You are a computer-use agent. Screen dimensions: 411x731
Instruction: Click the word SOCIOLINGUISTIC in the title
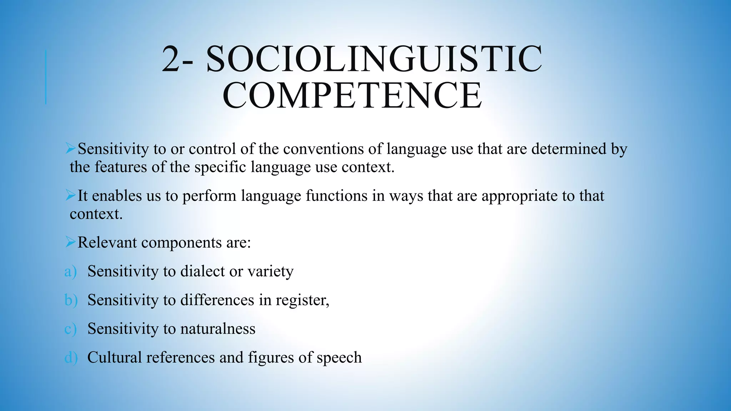tap(374, 59)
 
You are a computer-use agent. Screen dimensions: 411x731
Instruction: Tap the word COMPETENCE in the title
tap(352, 95)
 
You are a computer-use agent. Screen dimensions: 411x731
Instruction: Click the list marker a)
tap(70, 272)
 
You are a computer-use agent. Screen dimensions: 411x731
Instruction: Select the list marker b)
tap(71, 300)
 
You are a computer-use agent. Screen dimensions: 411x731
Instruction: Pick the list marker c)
tap(70, 329)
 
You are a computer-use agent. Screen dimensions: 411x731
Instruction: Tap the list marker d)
tap(71, 357)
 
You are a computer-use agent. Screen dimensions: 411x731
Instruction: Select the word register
tap(302, 300)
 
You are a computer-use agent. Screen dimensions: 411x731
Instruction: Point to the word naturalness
tap(218, 329)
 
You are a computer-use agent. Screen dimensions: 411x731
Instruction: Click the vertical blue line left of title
tap(46, 77)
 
